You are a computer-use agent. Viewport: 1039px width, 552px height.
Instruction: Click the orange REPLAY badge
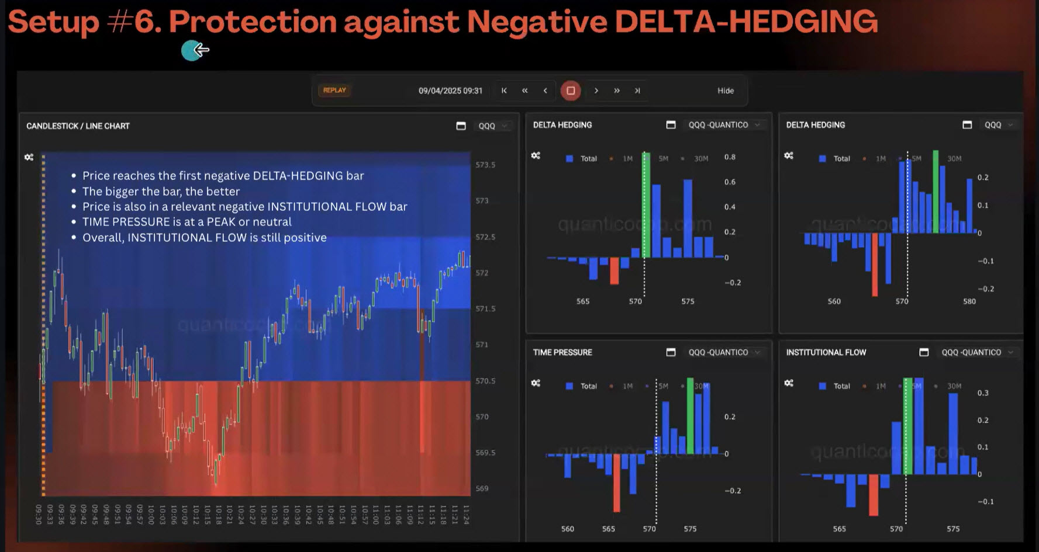click(x=334, y=91)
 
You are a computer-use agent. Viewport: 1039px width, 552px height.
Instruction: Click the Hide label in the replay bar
click(x=725, y=91)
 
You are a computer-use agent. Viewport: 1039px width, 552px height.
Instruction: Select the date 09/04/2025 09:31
click(x=450, y=91)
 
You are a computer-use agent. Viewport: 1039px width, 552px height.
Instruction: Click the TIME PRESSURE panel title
click(x=562, y=352)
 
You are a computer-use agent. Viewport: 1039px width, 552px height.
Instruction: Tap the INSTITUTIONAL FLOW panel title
click(x=826, y=352)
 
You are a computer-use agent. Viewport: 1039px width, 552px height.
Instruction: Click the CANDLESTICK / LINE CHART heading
click(x=78, y=126)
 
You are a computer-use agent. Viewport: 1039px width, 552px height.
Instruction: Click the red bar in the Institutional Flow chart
click(x=874, y=495)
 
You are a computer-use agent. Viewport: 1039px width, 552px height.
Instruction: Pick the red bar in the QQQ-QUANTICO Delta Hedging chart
click(x=614, y=271)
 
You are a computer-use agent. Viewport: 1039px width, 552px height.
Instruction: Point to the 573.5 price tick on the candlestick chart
click(x=485, y=165)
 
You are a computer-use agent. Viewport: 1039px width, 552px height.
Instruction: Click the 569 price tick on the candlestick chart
click(x=482, y=488)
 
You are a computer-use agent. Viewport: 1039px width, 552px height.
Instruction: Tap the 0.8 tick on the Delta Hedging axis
click(x=730, y=157)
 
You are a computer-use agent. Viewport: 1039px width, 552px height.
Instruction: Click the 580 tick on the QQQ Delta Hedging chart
click(x=969, y=301)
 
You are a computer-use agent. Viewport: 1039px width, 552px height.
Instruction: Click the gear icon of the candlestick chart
click(x=29, y=157)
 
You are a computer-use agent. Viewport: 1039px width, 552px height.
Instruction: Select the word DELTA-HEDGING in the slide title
click(x=746, y=22)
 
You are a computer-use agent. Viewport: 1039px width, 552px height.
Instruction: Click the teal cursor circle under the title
click(x=191, y=51)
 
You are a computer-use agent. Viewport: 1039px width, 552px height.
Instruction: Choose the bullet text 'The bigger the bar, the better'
click(x=161, y=191)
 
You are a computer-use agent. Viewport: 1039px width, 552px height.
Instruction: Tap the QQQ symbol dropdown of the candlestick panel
click(x=492, y=126)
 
